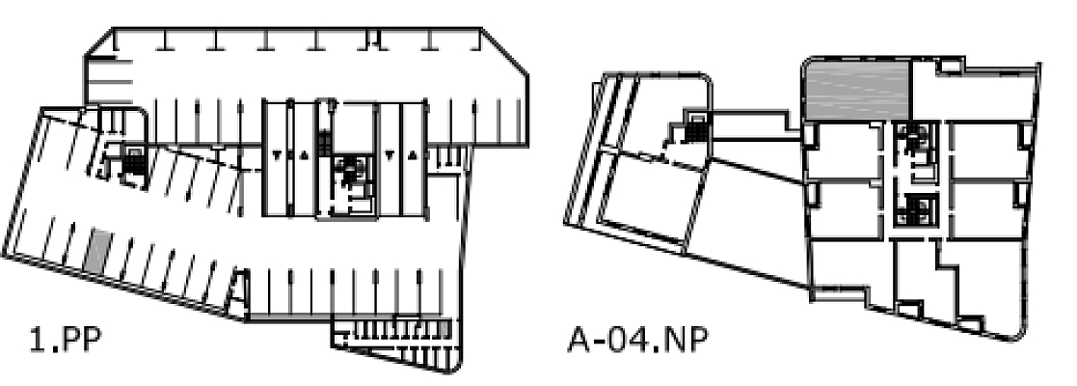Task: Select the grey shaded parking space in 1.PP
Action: pos(96,252)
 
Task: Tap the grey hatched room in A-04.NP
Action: pos(857,90)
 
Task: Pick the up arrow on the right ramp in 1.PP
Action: pos(413,155)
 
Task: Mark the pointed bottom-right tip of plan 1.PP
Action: pos(461,371)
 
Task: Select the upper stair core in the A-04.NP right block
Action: pos(910,144)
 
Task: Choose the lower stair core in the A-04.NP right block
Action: pos(910,208)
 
